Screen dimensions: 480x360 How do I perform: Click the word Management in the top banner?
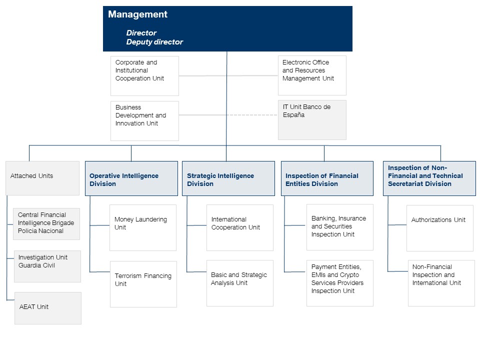point(137,14)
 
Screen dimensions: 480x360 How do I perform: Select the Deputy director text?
point(154,42)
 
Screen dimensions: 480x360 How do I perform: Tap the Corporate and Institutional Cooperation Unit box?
point(144,76)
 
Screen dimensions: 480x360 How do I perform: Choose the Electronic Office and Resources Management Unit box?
point(312,75)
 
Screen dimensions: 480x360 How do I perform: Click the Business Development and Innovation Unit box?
point(144,121)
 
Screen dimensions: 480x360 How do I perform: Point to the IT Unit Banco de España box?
point(312,120)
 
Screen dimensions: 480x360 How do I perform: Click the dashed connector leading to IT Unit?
point(252,115)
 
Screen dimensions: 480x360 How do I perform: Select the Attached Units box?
point(42,178)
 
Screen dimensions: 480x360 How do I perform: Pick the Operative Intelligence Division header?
point(131,178)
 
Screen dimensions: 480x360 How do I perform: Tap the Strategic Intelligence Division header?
point(228,178)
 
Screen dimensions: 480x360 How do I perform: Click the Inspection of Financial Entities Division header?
point(327,178)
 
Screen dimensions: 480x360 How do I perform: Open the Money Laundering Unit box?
point(143,228)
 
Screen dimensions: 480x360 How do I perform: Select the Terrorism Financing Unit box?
point(143,284)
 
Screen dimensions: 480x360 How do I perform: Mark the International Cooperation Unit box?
point(240,228)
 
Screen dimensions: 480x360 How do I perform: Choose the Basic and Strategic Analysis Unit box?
point(240,283)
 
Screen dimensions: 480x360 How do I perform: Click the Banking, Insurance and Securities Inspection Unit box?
point(340,227)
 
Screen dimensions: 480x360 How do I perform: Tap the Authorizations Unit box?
point(440,228)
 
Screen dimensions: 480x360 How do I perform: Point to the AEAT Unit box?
point(48,308)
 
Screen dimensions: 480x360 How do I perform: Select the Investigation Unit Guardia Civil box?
point(47,266)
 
